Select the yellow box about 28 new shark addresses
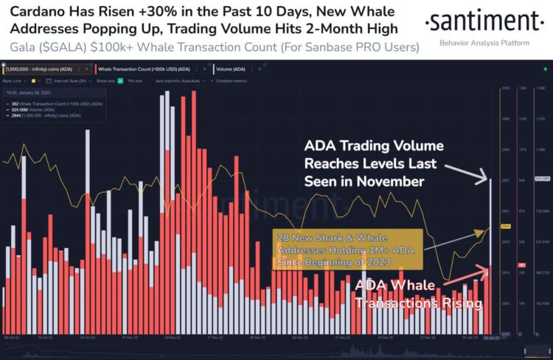(345, 249)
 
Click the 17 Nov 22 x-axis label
(215, 336)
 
